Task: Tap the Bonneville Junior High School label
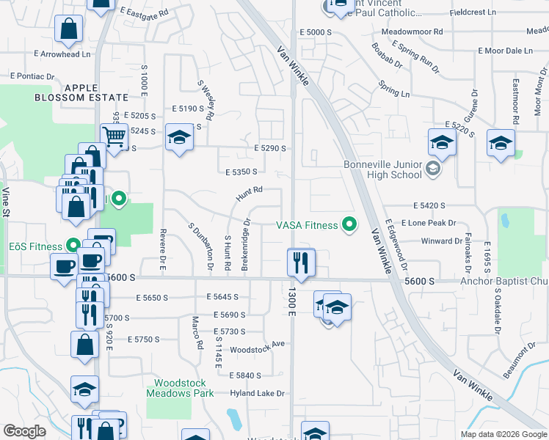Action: [383, 169]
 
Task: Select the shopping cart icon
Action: [114, 136]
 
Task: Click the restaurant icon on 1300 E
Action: [300, 262]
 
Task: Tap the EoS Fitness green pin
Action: [73, 245]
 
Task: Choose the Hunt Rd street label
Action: [250, 194]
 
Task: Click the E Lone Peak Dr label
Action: [429, 222]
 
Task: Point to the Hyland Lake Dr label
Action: [256, 394]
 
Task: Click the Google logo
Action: [25, 431]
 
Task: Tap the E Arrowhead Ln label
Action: [55, 54]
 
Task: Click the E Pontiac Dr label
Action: [32, 76]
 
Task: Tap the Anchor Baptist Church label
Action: [503, 281]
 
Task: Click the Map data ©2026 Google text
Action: [503, 434]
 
